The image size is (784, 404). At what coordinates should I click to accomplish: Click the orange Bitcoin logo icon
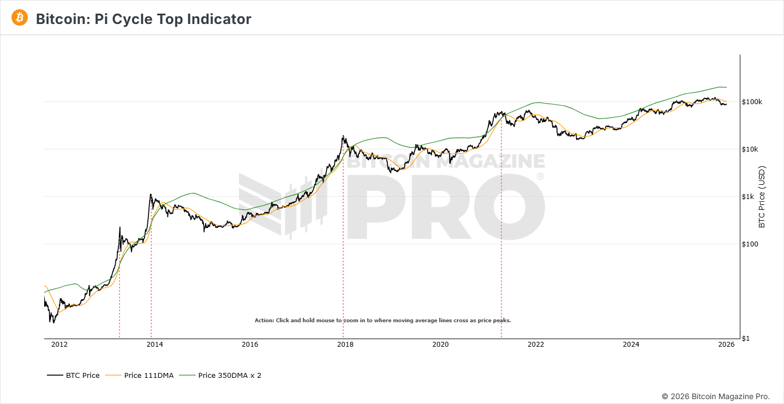pos(20,18)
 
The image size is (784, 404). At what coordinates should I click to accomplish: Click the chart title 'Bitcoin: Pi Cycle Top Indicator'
pos(143,19)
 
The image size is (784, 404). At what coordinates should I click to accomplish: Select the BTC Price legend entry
pos(74,375)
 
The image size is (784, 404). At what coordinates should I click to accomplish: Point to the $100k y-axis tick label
pos(751,102)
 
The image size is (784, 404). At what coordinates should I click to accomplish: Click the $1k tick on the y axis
pos(748,197)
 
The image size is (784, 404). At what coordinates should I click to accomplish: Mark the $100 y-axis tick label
pos(749,244)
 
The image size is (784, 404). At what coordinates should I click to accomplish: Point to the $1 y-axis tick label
pos(745,339)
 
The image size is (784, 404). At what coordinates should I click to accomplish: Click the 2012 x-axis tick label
pos(59,345)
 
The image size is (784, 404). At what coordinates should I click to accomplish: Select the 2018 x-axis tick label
pos(345,345)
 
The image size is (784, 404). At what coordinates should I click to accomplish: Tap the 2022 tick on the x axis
pos(536,345)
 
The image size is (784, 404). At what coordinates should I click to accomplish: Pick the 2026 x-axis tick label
pos(726,345)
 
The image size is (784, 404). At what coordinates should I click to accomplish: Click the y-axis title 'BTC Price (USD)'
pos(762,197)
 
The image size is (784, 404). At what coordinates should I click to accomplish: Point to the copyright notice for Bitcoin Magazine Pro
pos(715,396)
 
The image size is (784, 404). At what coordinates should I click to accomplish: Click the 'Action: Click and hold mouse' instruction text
pos(382,321)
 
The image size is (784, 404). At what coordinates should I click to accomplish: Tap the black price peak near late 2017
pos(343,136)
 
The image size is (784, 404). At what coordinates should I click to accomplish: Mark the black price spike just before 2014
pos(150,194)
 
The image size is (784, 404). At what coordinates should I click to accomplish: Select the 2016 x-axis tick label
pos(250,345)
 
